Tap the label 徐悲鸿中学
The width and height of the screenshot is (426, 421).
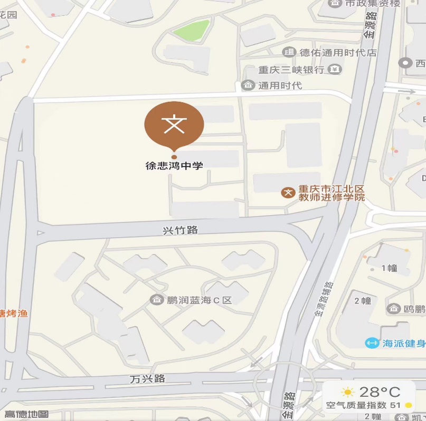174,165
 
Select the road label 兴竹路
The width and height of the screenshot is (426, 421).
180,230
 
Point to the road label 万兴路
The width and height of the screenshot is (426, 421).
148,379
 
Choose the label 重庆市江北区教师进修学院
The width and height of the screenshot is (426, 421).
332,193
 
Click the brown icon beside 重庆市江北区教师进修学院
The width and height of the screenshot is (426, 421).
288,192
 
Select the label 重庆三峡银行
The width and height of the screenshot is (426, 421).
291,70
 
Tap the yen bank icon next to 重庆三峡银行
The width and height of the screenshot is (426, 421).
335,69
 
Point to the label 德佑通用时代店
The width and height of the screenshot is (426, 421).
338,52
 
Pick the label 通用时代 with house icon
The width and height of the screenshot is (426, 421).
280,85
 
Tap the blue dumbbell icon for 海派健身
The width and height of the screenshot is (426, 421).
372,343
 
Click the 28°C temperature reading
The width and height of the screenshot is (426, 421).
380,392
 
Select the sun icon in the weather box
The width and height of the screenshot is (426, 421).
347,392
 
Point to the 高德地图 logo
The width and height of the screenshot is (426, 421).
26,415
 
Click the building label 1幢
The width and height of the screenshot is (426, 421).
390,268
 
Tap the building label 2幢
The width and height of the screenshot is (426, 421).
363,301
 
